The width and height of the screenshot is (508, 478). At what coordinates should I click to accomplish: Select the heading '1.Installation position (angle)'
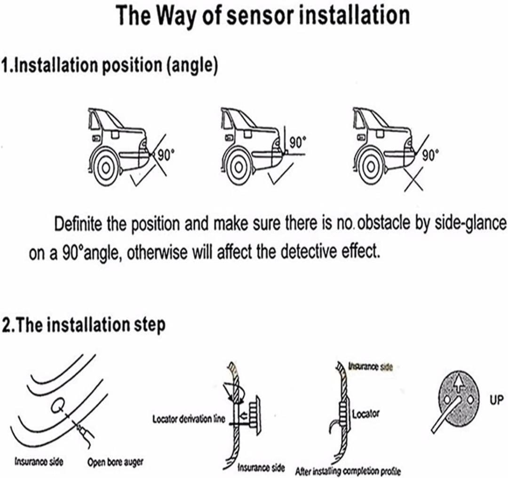point(109,66)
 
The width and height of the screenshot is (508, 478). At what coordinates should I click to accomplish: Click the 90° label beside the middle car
point(297,141)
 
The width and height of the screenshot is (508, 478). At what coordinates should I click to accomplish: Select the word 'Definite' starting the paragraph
point(79,223)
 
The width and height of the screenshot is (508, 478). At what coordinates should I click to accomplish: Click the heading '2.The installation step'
point(84,325)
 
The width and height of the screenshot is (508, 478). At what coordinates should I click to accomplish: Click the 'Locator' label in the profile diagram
point(365,414)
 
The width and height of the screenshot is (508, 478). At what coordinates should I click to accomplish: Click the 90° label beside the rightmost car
point(430,155)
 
